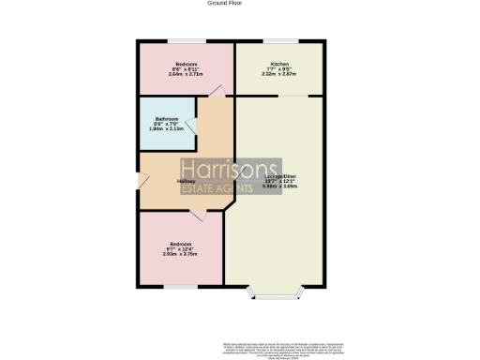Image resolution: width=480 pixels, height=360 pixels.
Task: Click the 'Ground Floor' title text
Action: click(218, 4)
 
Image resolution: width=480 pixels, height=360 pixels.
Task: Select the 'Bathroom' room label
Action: click(167, 118)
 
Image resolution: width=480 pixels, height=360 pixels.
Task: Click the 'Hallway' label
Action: click(186, 182)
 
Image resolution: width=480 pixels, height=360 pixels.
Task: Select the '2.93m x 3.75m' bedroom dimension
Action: click(182, 253)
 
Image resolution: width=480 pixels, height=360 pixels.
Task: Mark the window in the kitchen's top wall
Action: click(278, 39)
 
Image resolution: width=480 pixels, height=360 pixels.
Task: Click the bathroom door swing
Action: click(191, 127)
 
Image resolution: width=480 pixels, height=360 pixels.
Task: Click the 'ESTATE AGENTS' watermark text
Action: click(217, 189)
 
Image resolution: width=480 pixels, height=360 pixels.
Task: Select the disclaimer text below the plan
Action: click(280, 346)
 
